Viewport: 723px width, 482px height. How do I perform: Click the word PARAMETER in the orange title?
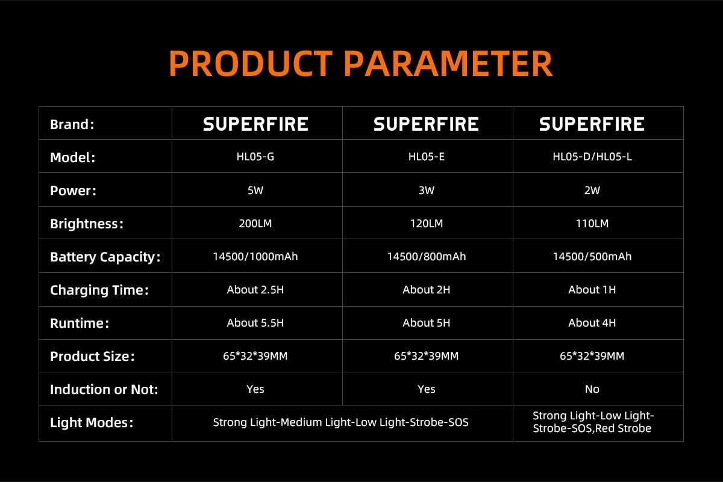pos(448,64)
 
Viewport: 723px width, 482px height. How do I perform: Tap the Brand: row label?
pos(72,124)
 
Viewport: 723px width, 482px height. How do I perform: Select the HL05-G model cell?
pos(255,157)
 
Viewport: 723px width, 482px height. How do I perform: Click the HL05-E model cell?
pos(427,157)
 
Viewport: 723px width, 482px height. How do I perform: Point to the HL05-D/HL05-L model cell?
pos(592,157)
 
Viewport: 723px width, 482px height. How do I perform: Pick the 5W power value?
pos(255,190)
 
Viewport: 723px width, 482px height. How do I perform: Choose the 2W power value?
pos(592,190)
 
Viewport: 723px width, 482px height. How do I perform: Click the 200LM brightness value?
pos(255,224)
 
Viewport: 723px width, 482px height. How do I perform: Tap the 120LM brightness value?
pos(427,224)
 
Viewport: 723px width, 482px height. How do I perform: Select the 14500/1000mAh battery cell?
pos(255,257)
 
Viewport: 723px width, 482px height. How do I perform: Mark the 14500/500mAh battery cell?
pos(592,257)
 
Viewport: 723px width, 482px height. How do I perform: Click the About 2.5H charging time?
pos(255,290)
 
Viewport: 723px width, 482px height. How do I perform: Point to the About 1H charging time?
pos(592,290)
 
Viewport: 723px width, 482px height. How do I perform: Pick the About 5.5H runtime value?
pos(255,323)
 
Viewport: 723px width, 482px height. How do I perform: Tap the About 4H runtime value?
pos(592,323)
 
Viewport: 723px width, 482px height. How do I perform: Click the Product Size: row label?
pos(92,357)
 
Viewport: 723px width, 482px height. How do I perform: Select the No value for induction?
pos(592,389)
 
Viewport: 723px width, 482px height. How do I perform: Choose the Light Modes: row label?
pos(92,422)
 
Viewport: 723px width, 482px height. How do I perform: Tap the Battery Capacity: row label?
pos(105,257)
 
